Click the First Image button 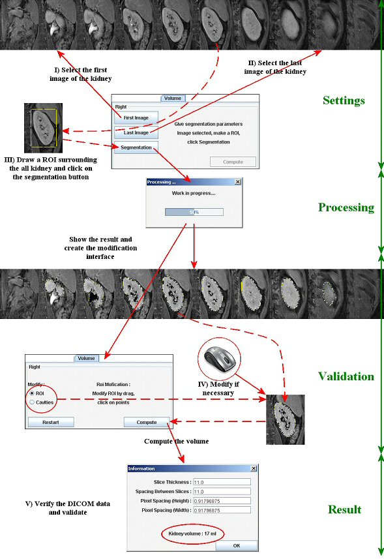click(x=136, y=117)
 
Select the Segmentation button click(x=136, y=147)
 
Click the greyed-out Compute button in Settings click(x=233, y=162)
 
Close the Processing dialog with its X click(x=238, y=182)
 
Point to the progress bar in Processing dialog click(x=194, y=212)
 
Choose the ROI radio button click(x=32, y=393)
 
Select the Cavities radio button click(x=32, y=402)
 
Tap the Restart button click(x=51, y=422)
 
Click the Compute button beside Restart click(x=147, y=422)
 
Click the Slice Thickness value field click(x=222, y=482)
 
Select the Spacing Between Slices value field click(x=222, y=491)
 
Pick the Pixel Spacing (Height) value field click(x=222, y=501)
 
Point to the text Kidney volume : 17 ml click(x=192, y=534)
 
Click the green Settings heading click(x=344, y=100)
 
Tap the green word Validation click(x=346, y=376)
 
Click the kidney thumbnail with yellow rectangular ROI click(x=44, y=128)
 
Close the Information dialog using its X click(x=254, y=468)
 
